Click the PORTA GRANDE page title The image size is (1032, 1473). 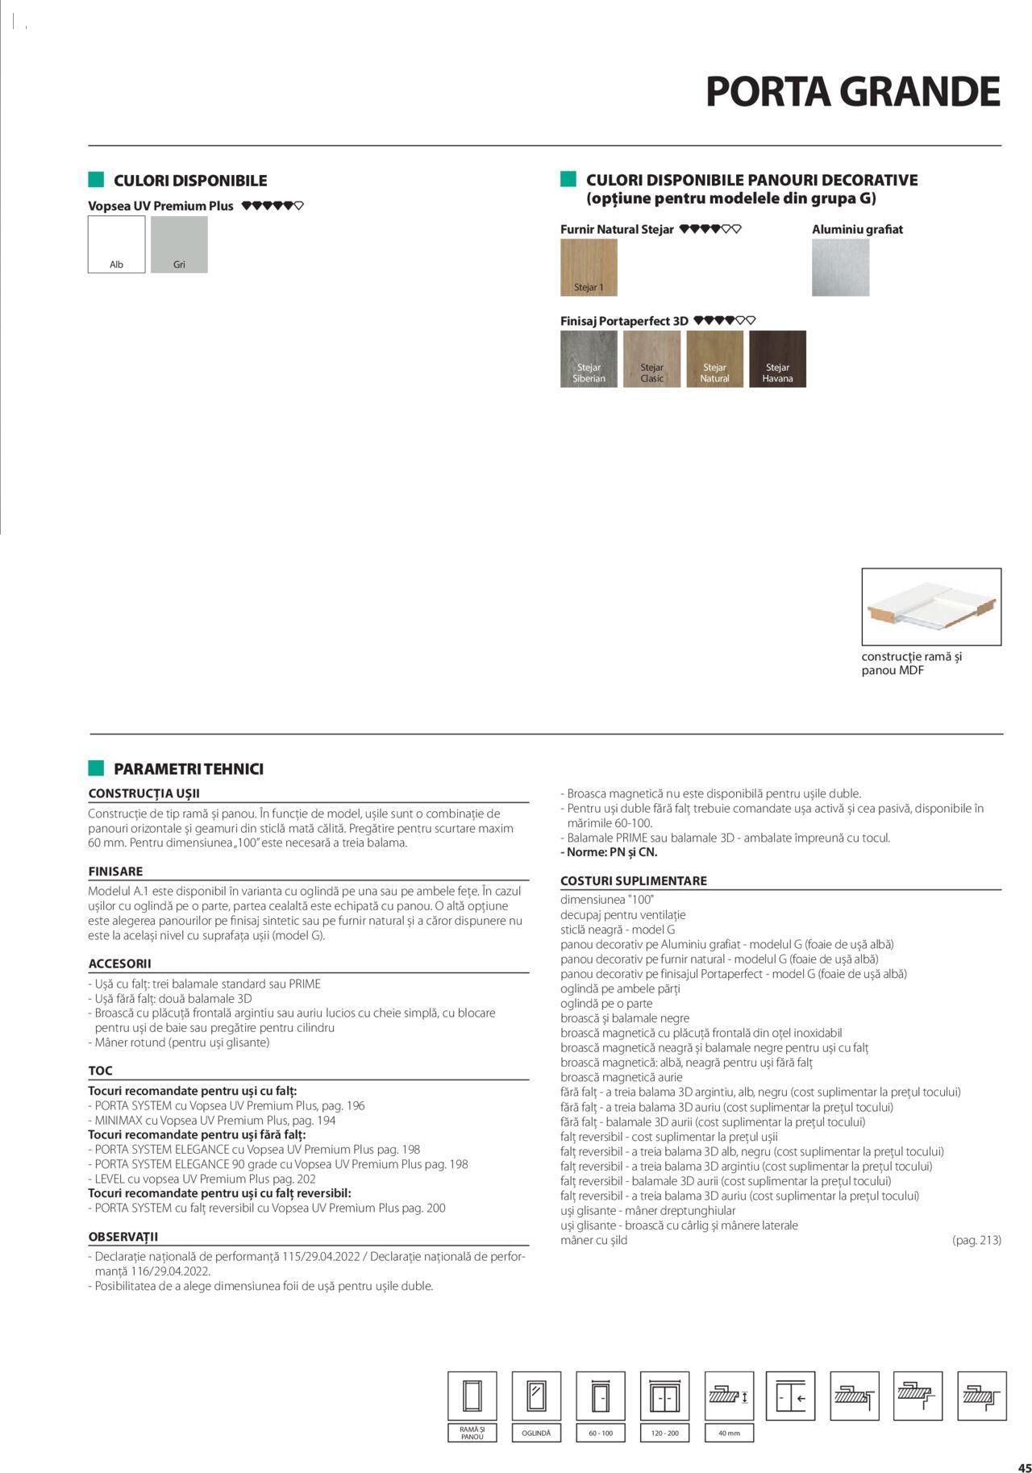[852, 92]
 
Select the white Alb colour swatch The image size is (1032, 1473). [116, 244]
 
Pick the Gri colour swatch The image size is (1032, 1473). [178, 244]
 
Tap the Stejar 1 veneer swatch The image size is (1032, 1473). [589, 268]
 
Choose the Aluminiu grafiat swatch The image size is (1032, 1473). [840, 268]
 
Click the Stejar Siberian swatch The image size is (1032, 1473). [589, 359]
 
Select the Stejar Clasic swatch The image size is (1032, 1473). [651, 359]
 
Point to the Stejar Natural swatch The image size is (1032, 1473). [714, 359]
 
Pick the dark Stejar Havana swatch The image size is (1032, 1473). [777, 359]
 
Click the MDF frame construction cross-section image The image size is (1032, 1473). [931, 606]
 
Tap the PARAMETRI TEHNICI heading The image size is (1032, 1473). [188, 769]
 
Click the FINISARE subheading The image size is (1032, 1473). [115, 872]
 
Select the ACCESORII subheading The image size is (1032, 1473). [119, 963]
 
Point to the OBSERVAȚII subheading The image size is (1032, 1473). [123, 1236]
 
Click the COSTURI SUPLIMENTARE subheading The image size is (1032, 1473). [633, 881]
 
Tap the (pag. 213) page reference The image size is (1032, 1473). [976, 1240]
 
